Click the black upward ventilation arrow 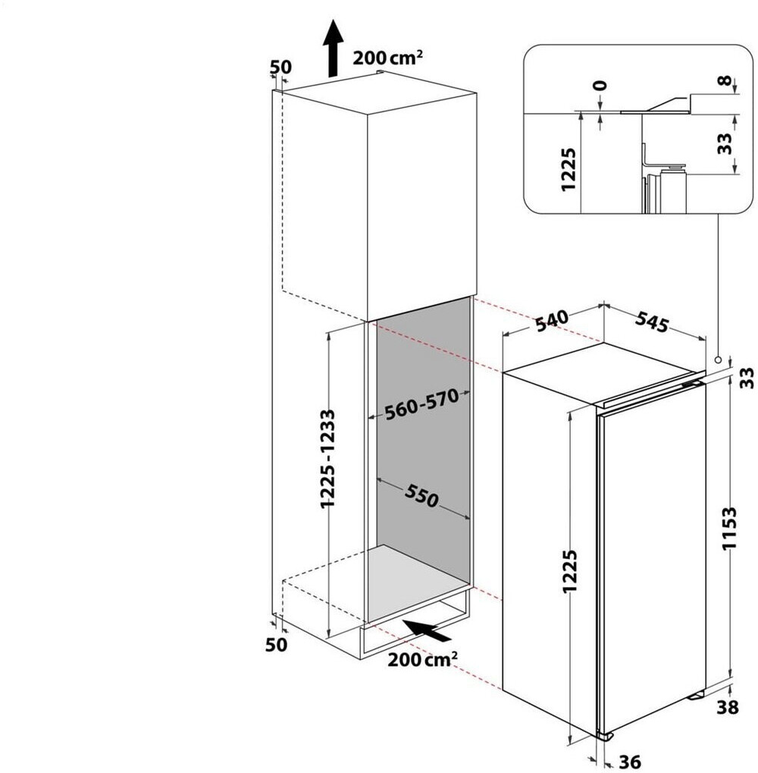(334, 49)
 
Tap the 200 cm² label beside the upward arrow (387, 58)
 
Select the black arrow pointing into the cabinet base (427, 630)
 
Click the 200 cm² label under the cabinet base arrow (422, 659)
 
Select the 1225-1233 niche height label (327, 458)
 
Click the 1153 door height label (729, 528)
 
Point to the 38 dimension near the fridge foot (728, 708)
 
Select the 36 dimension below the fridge (629, 762)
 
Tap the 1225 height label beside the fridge (570, 572)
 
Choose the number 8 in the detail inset (724, 81)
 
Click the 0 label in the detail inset (600, 86)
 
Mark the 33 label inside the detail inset (725, 143)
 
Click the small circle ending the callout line (719, 360)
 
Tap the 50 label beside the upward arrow (280, 67)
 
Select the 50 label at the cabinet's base (276, 644)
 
